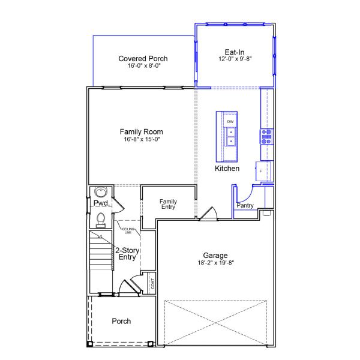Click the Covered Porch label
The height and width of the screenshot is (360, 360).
pos(143,58)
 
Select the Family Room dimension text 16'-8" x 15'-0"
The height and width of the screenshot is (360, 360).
pos(141,139)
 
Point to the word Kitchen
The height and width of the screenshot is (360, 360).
pos(227,169)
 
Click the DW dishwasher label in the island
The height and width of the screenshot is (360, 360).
pos(230,121)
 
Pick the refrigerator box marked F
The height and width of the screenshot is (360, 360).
pos(261,171)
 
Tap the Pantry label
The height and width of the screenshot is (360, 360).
pos(245,206)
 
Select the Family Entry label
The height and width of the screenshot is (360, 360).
pos(168,205)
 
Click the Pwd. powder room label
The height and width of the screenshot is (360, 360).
pos(100,203)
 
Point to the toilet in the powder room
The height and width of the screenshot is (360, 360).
pos(100,220)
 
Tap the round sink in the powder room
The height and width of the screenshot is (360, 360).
pos(100,193)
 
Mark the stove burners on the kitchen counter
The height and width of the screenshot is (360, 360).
pos(266,136)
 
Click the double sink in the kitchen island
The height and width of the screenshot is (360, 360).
pos(230,137)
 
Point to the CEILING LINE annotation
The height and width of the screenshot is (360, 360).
pos(127,230)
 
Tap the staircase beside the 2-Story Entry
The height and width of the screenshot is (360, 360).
pos(101,252)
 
